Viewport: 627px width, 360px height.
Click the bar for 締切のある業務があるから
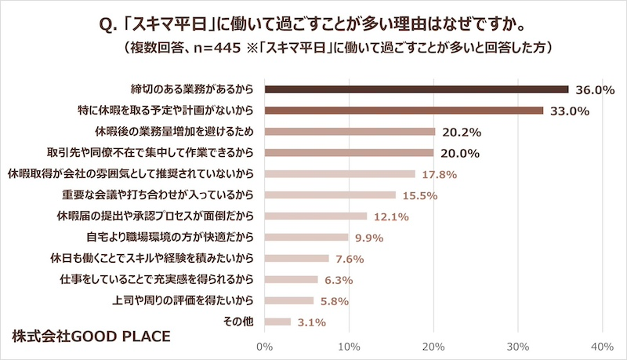tap(416, 89)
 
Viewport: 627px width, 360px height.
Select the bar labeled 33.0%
tap(404, 110)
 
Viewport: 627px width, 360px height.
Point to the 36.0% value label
tap(595, 89)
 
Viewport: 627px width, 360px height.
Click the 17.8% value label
tap(439, 174)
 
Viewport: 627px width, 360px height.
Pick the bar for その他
tap(277, 321)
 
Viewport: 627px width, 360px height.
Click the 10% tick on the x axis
tap(349, 345)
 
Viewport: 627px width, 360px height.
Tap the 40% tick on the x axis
tap(601, 345)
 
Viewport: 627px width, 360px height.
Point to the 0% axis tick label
tap(265, 345)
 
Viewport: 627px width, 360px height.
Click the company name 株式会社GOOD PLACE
tap(91, 336)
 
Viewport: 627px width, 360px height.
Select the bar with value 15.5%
tap(330, 195)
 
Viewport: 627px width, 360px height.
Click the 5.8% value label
tap(333, 300)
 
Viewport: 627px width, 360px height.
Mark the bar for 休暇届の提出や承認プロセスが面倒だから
tap(316, 216)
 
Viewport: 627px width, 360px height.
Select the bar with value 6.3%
tap(292, 279)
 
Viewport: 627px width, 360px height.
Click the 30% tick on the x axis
tap(517, 345)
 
